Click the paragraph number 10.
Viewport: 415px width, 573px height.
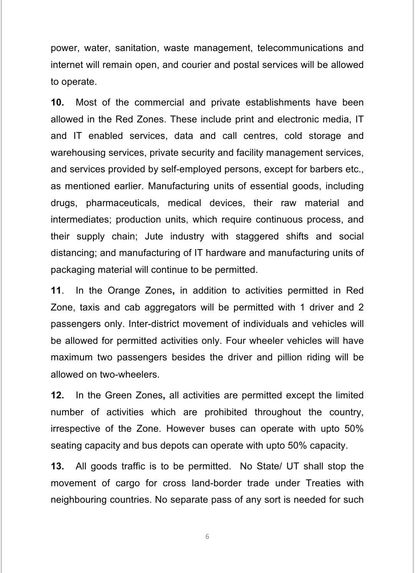pos(57,102)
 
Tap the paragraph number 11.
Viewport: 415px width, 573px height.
pos(56,291)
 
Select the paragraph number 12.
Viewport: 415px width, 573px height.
pos(57,395)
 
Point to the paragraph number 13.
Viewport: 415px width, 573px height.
pos(57,466)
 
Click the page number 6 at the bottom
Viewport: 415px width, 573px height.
pos(207,537)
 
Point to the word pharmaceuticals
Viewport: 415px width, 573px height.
pos(122,203)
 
